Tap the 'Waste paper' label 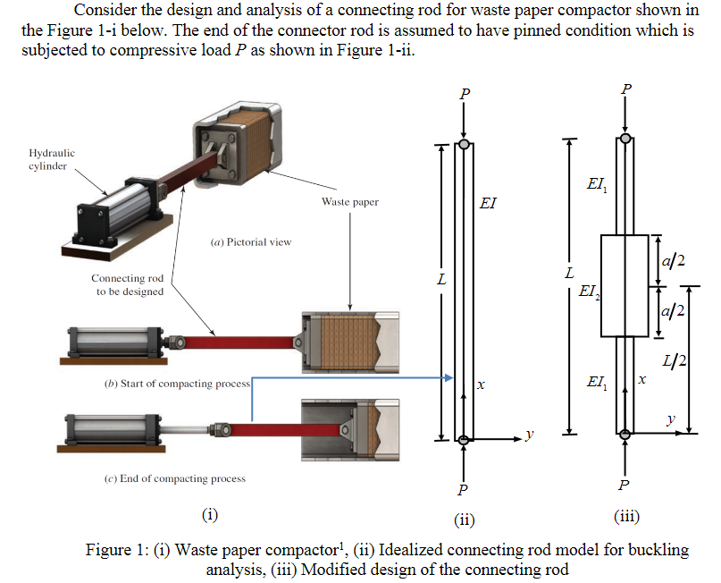(x=349, y=202)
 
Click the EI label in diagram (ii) (x=488, y=203)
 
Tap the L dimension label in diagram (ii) (x=440, y=281)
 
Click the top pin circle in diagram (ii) (x=464, y=142)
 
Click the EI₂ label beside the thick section (x=589, y=291)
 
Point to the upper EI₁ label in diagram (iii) (x=596, y=183)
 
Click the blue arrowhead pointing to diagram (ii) (x=450, y=379)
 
